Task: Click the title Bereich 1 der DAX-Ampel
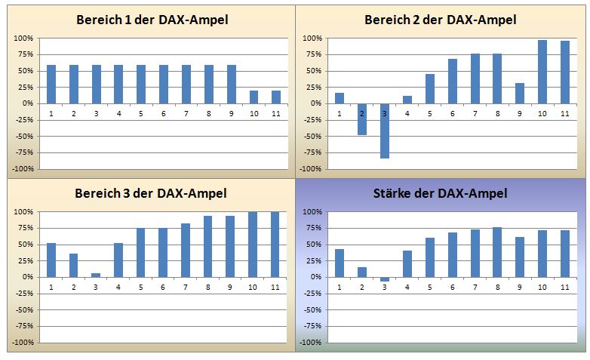152,20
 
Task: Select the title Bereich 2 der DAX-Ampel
440,20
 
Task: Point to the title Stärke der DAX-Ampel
440,194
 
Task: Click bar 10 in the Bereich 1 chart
254,97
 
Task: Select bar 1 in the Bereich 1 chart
51,84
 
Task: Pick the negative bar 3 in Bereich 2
385,131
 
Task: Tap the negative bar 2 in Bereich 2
362,119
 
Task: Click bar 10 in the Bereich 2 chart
542,72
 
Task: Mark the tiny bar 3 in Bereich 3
97,275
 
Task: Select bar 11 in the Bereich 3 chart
276,244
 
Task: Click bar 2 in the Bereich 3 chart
74,265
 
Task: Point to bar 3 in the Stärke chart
385,279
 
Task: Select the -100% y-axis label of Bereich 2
311,168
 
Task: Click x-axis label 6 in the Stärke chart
452,287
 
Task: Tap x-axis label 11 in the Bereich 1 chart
276,113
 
